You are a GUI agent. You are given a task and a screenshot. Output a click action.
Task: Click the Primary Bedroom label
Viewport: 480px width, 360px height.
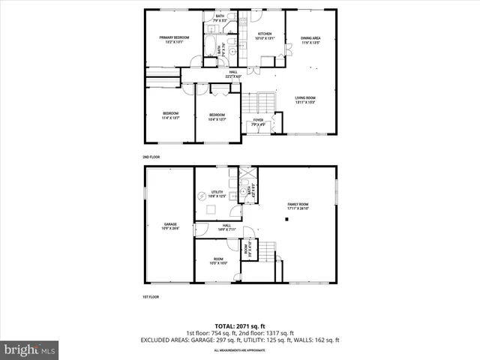pos(172,40)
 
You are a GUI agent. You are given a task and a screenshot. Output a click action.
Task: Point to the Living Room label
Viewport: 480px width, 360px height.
pos(304,100)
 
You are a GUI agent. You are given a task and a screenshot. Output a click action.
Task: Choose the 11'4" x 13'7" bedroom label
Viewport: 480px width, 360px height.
pos(170,116)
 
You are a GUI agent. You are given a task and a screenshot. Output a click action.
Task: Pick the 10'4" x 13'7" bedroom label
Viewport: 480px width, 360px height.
pos(217,116)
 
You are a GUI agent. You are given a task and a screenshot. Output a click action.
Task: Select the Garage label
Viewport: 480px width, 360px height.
pos(170,226)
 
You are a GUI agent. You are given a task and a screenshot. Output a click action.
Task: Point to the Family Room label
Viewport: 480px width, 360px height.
pos(298,206)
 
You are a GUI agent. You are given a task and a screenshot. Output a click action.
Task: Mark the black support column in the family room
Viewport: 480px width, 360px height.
pos(286,219)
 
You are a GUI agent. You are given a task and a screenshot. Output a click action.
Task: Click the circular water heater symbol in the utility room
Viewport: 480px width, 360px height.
pos(202,196)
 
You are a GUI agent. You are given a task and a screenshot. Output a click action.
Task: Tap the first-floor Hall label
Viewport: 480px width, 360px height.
pos(226,227)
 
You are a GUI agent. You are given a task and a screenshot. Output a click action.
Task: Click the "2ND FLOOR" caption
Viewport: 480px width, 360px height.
pos(151,157)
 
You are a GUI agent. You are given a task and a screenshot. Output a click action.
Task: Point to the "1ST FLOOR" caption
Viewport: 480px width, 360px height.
pos(151,297)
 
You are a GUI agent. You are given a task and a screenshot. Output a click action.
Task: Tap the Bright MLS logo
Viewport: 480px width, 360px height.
pos(30,349)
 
